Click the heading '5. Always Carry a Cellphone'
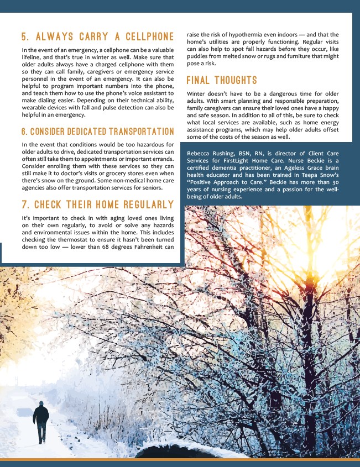(97, 38)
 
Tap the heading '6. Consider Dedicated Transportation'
(97, 132)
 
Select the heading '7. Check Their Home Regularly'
(97, 205)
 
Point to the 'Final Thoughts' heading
(221, 81)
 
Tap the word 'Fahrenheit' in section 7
(152, 246)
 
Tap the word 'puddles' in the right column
(199, 56)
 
